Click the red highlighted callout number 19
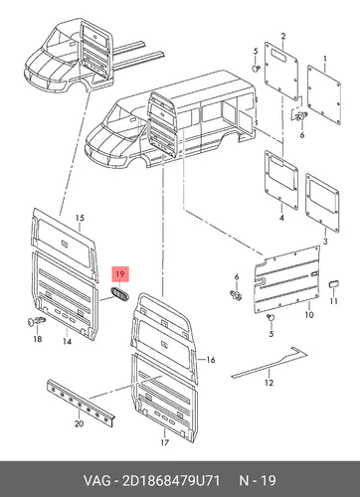119,274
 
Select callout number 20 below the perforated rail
79,423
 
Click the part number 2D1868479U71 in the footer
171,481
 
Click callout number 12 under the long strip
270,383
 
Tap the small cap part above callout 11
333,284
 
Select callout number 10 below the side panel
309,314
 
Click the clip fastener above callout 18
36,321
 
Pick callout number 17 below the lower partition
165,442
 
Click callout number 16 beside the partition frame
211,360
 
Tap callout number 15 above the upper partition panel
80,218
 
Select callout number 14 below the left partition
67,341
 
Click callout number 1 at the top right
325,59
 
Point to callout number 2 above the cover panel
283,36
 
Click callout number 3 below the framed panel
325,242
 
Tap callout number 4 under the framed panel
281,218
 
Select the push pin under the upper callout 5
256,69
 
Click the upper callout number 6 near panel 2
302,135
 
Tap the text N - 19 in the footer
258,481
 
